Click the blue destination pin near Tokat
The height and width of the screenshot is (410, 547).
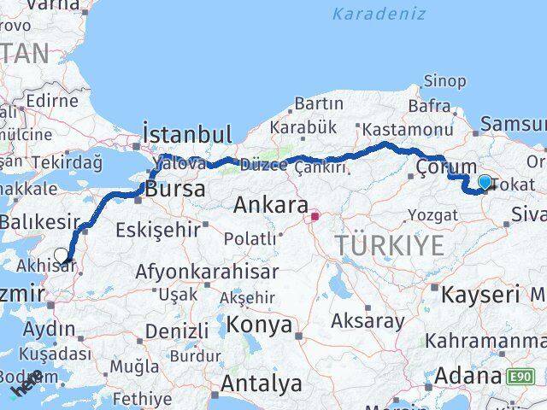[485, 182]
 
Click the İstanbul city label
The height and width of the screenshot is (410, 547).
[187, 134]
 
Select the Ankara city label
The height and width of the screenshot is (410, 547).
[272, 206]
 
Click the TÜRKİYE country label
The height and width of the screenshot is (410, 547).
[390, 245]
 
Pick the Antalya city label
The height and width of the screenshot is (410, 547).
[261, 384]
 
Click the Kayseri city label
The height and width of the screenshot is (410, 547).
[480, 296]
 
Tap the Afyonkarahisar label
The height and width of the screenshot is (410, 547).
[207, 272]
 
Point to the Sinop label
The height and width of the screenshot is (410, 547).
[445, 81]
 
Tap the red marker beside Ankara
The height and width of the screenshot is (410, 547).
[315, 216]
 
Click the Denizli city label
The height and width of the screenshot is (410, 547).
[176, 331]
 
